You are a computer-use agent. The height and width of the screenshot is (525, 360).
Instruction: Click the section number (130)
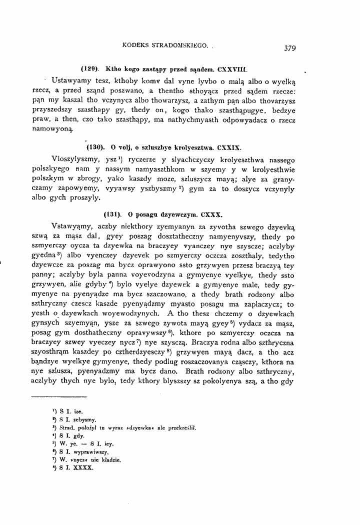point(96,148)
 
